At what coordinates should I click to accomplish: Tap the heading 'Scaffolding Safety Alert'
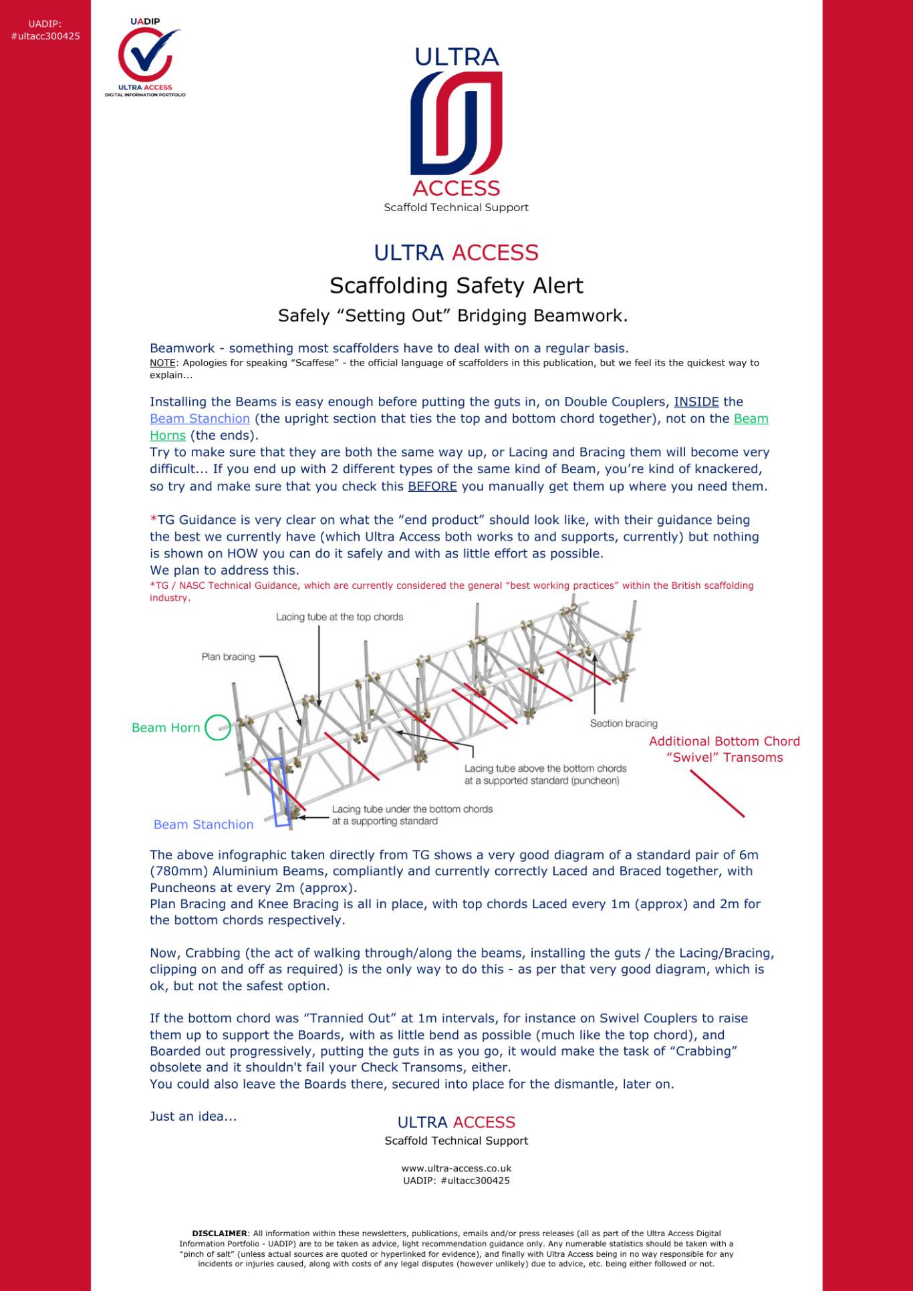(x=456, y=286)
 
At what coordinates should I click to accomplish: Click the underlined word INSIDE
(x=696, y=402)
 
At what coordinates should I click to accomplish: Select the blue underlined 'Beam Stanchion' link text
(x=200, y=419)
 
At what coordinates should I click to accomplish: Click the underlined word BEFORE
(x=432, y=486)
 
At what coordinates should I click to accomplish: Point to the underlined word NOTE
(x=162, y=363)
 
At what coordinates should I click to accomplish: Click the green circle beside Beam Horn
(x=217, y=727)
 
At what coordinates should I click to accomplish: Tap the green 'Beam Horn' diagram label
(x=166, y=728)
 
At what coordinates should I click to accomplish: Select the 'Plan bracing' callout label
(x=228, y=657)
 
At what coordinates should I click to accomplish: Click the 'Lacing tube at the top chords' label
(x=340, y=617)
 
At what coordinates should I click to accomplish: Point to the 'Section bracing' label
(x=623, y=723)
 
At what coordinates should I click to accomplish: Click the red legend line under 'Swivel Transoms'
(x=717, y=794)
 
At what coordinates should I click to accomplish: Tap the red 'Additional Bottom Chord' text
(x=724, y=741)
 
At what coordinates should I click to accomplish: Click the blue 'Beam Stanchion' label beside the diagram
(x=203, y=825)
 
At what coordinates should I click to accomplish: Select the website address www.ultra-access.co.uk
(x=456, y=1169)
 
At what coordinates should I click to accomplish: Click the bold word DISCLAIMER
(x=219, y=1234)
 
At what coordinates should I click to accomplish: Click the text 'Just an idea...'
(x=193, y=1117)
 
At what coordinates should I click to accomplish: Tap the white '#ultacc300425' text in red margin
(x=45, y=36)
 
